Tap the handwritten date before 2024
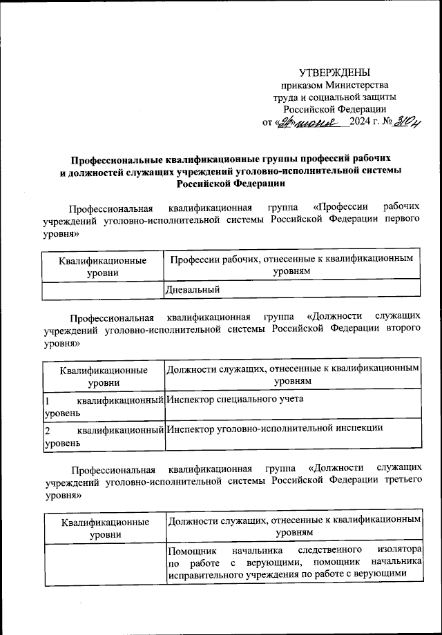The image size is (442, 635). point(311,123)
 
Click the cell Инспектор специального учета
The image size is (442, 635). point(235,399)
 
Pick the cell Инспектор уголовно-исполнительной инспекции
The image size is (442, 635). point(274,428)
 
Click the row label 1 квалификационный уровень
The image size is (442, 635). point(103,405)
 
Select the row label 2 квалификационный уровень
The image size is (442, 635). point(103,436)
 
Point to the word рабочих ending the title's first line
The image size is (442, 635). point(372,157)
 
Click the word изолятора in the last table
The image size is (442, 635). point(399,549)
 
